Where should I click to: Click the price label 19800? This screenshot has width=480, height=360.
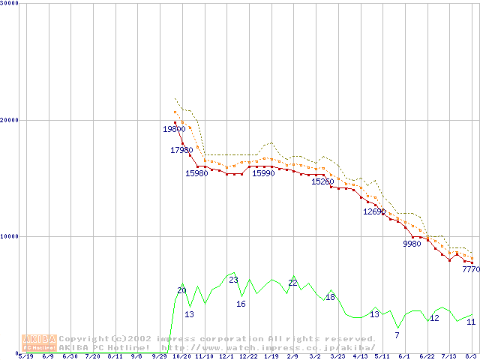(174, 129)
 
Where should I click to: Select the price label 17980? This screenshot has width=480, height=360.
(181, 151)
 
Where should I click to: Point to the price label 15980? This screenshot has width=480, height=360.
(196, 174)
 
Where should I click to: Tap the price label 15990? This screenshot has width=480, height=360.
(262, 174)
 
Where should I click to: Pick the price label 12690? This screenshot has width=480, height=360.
(374, 212)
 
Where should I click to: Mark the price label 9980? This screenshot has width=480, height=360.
(412, 244)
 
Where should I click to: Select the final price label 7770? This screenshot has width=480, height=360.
(471, 269)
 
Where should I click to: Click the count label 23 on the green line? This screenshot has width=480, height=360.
(233, 280)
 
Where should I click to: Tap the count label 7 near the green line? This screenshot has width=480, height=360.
(397, 335)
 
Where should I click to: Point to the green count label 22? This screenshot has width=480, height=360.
(293, 283)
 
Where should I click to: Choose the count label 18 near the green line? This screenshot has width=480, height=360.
(330, 298)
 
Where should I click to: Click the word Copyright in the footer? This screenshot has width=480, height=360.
(82, 339)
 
